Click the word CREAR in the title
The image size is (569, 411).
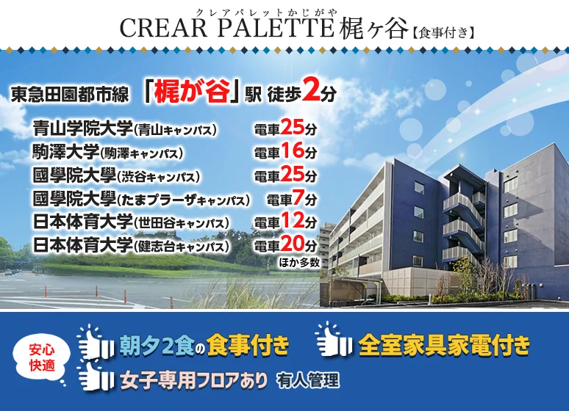click(x=163, y=28)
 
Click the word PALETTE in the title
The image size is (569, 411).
click(x=276, y=28)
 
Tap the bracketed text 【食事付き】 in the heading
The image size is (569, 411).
click(x=443, y=33)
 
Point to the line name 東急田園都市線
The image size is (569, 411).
click(x=70, y=94)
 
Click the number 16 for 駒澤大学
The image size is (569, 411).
click(x=292, y=150)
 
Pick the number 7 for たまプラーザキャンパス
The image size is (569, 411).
click(x=298, y=197)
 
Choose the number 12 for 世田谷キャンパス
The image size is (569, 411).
click(x=292, y=220)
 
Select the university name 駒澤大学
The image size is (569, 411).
click(x=65, y=151)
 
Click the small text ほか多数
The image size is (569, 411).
click(x=299, y=262)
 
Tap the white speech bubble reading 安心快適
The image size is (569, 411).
click(x=42, y=358)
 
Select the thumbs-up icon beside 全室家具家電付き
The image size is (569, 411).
click(x=333, y=339)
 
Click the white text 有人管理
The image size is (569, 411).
click(x=308, y=380)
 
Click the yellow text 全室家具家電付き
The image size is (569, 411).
click(x=444, y=346)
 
